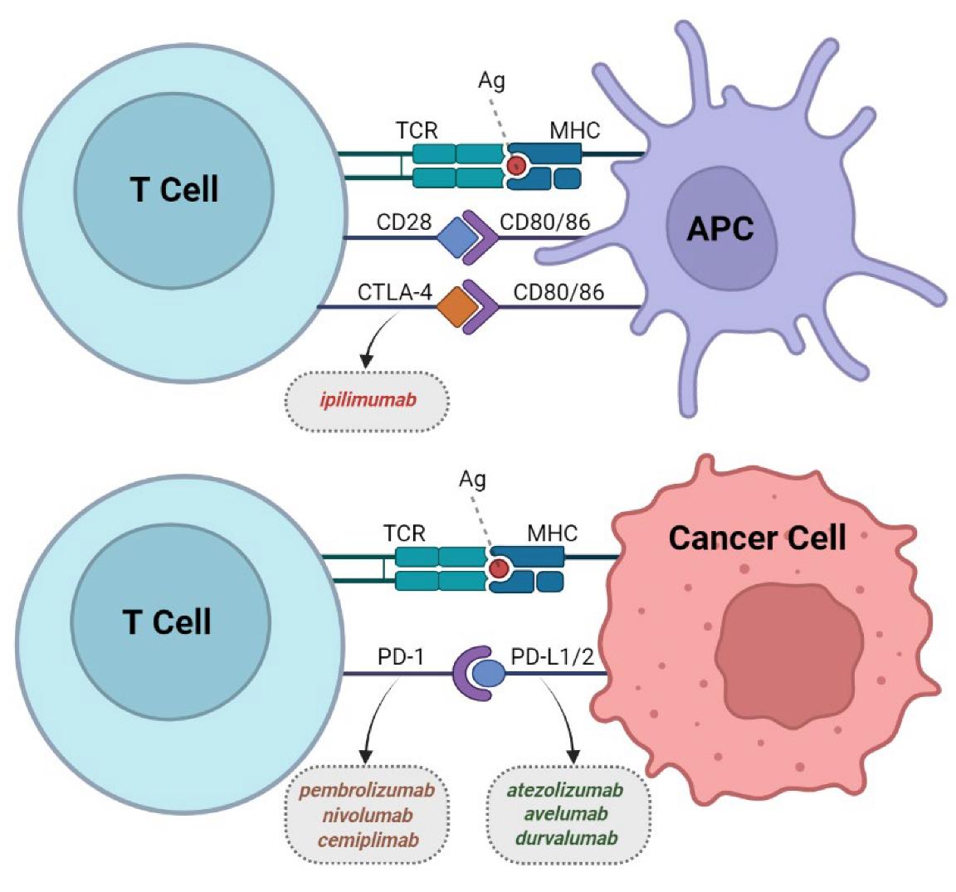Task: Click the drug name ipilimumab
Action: tap(368, 401)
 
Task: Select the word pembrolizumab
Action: tap(367, 790)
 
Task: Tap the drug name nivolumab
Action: tap(367, 814)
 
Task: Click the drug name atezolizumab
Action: tap(565, 790)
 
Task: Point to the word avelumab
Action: tap(565, 814)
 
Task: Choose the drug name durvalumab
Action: tap(566, 838)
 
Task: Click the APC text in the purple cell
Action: tap(720, 228)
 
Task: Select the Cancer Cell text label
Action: tap(757, 538)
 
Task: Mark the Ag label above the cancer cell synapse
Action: tap(472, 480)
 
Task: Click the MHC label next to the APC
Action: tap(574, 130)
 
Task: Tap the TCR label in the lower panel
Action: tap(404, 533)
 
